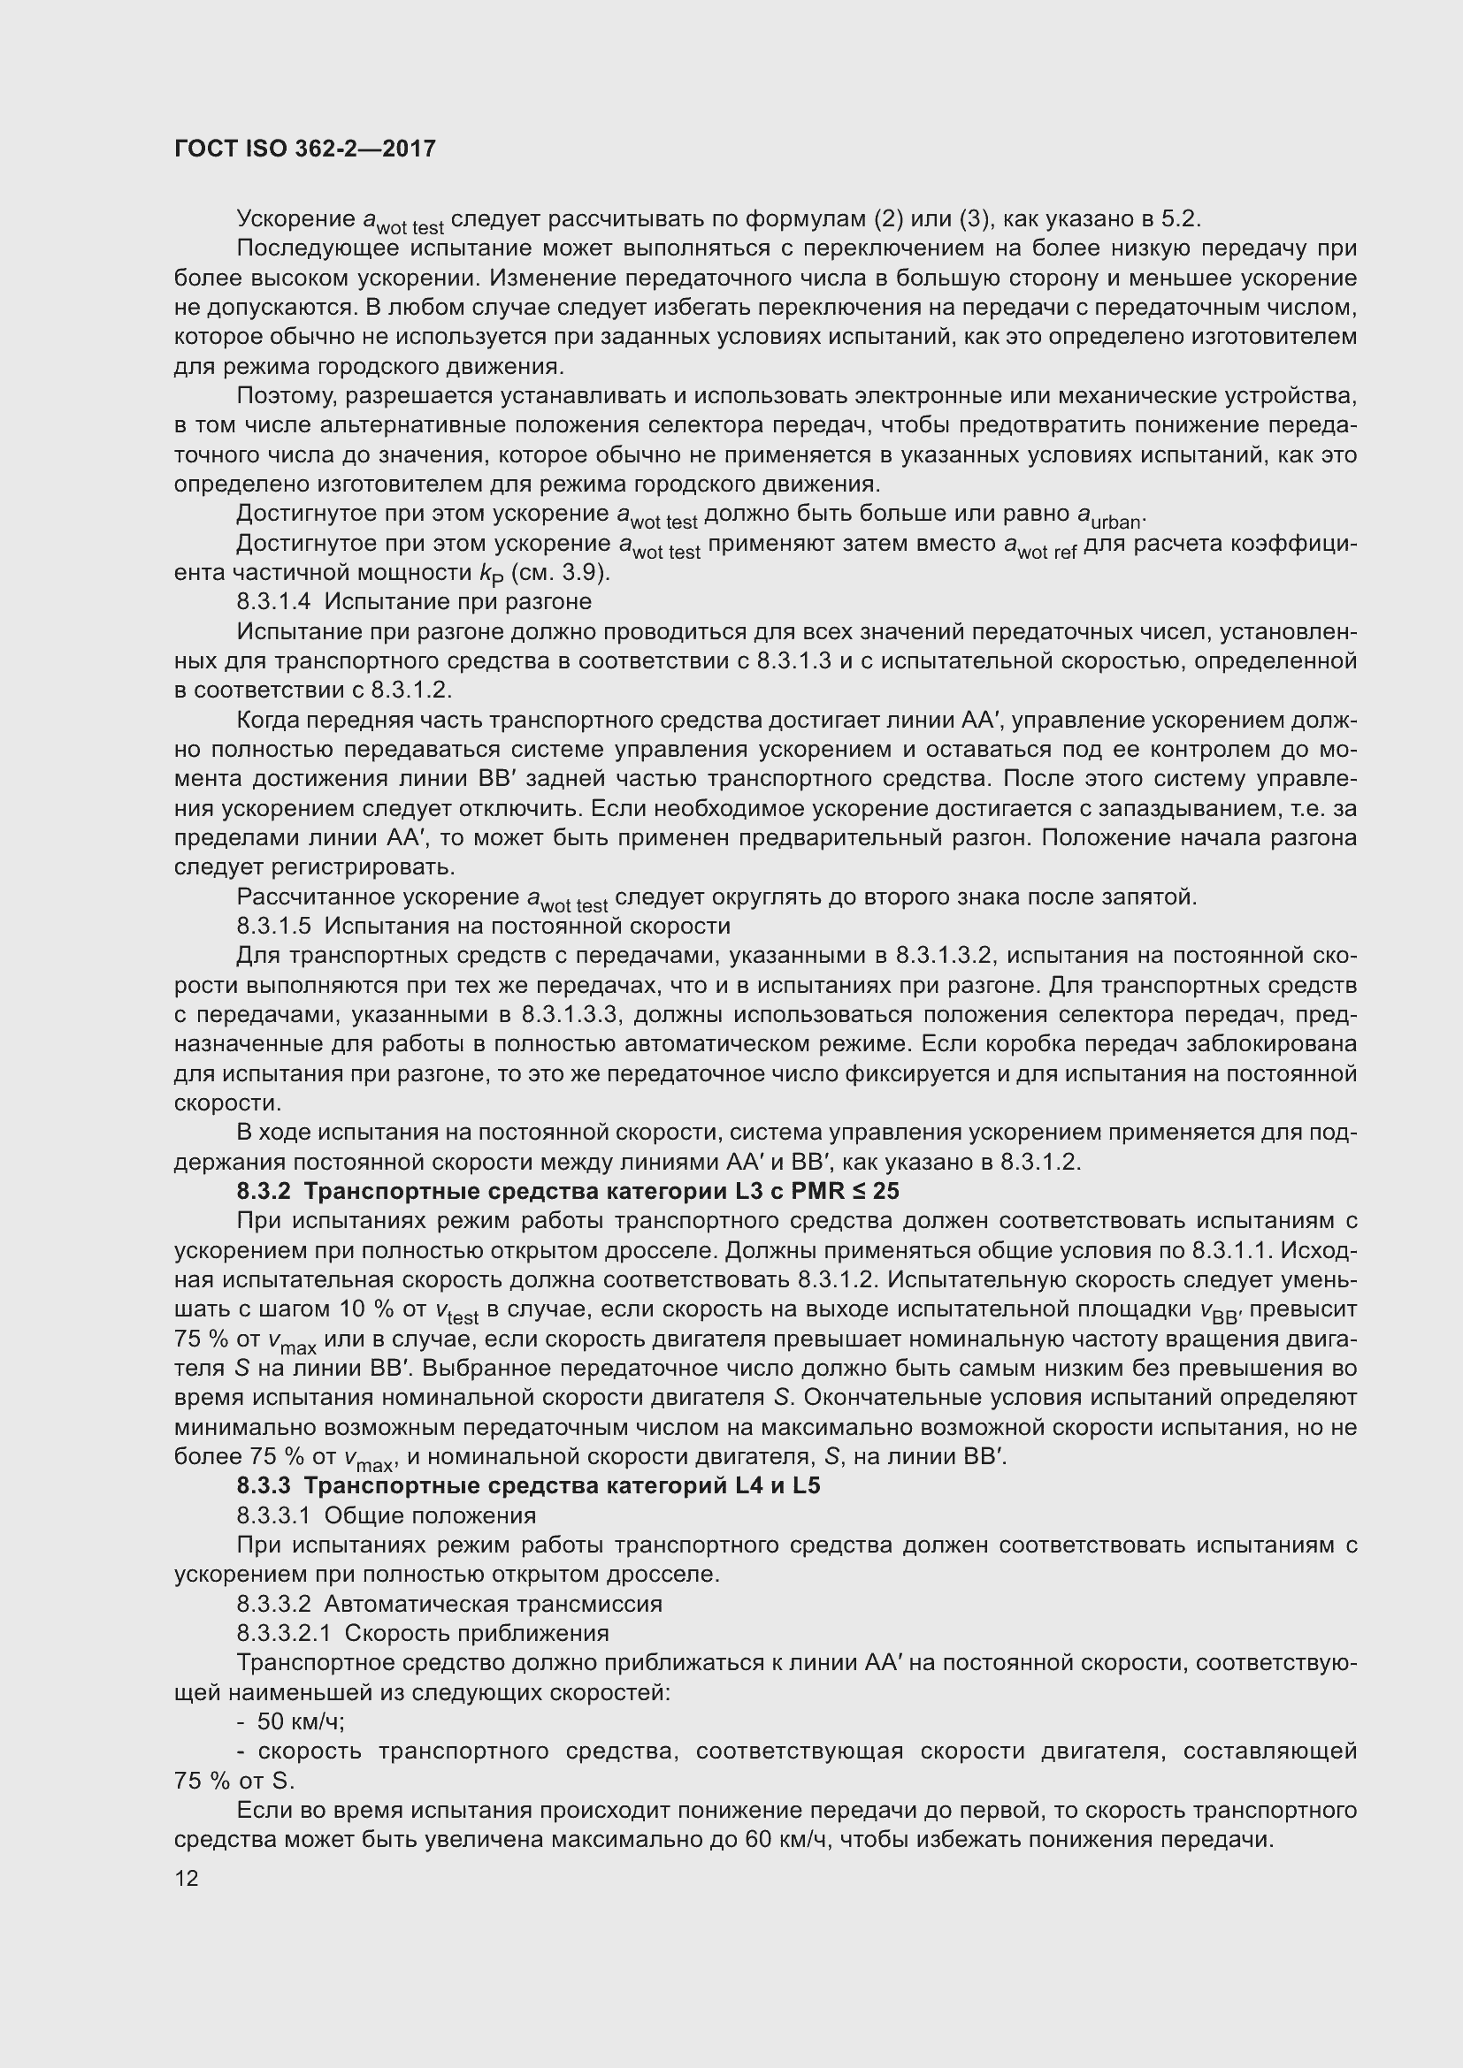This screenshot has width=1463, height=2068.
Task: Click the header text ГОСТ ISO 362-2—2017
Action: pyautogui.click(x=304, y=149)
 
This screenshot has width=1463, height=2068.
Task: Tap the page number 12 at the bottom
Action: pyautogui.click(x=187, y=1878)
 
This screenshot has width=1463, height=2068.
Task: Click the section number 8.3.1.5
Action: pyautogui.click(x=274, y=926)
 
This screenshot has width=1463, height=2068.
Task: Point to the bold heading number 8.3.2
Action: pyautogui.click(x=263, y=1192)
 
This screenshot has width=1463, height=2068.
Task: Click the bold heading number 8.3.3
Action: pyautogui.click(x=263, y=1486)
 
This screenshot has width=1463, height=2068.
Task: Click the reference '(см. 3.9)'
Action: pyautogui.click(x=560, y=573)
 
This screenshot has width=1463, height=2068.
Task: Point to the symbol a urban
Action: pyautogui.click(x=1110, y=516)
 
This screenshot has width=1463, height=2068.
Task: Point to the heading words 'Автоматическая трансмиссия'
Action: pyautogui.click(x=493, y=1604)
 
